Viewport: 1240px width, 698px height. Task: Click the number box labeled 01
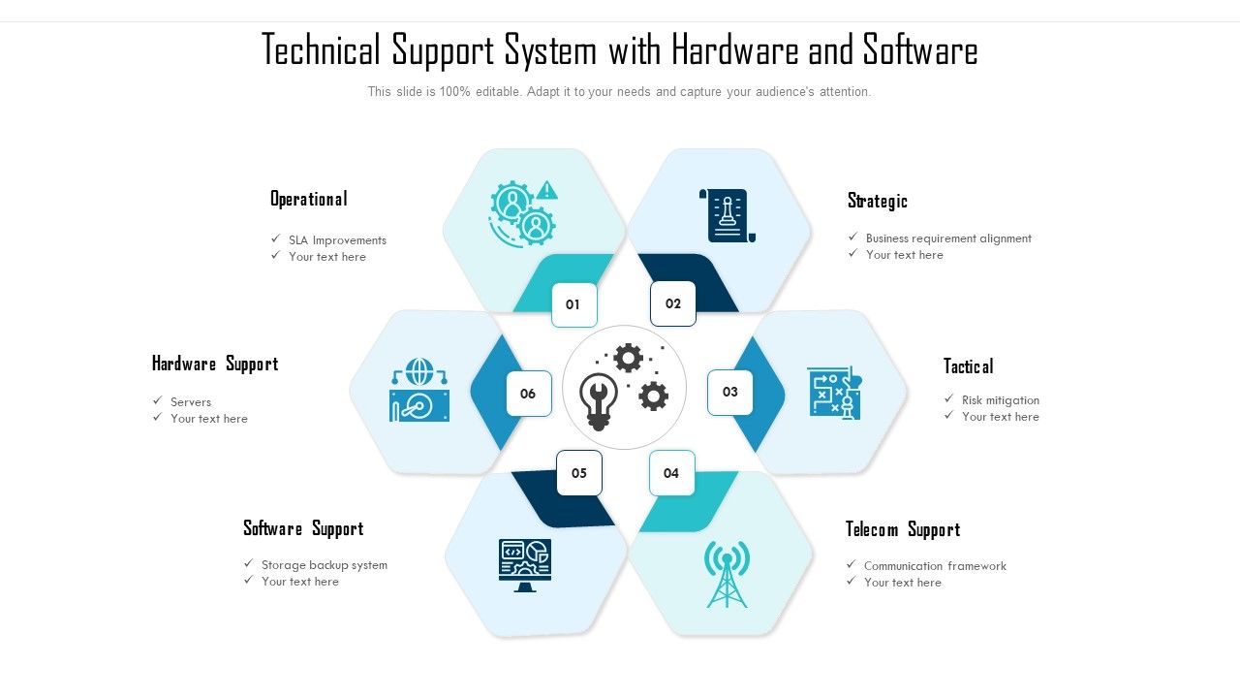574,304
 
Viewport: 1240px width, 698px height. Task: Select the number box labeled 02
672,303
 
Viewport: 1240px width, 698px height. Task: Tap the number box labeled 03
729,393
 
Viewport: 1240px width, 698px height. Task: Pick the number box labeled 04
671,473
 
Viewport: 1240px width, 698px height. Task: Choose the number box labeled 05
579,473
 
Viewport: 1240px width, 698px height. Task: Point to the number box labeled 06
529,394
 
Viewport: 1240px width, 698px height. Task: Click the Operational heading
309,199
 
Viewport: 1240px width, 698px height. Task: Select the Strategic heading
878,201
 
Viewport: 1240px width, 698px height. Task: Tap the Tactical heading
968,366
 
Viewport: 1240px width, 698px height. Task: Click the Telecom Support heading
903,529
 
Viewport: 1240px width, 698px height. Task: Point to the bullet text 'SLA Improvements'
337,239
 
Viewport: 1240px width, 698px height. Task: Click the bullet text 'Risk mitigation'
1001,400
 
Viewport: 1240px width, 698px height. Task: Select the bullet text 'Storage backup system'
325,565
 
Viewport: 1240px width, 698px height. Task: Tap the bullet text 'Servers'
191,401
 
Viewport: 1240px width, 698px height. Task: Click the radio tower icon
727,574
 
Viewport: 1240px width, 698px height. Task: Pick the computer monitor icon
525,565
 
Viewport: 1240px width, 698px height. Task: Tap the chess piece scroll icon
728,215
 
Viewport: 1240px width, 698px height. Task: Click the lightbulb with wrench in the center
598,401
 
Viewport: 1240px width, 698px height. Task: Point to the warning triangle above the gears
547,189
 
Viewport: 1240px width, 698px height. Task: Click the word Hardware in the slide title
734,49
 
